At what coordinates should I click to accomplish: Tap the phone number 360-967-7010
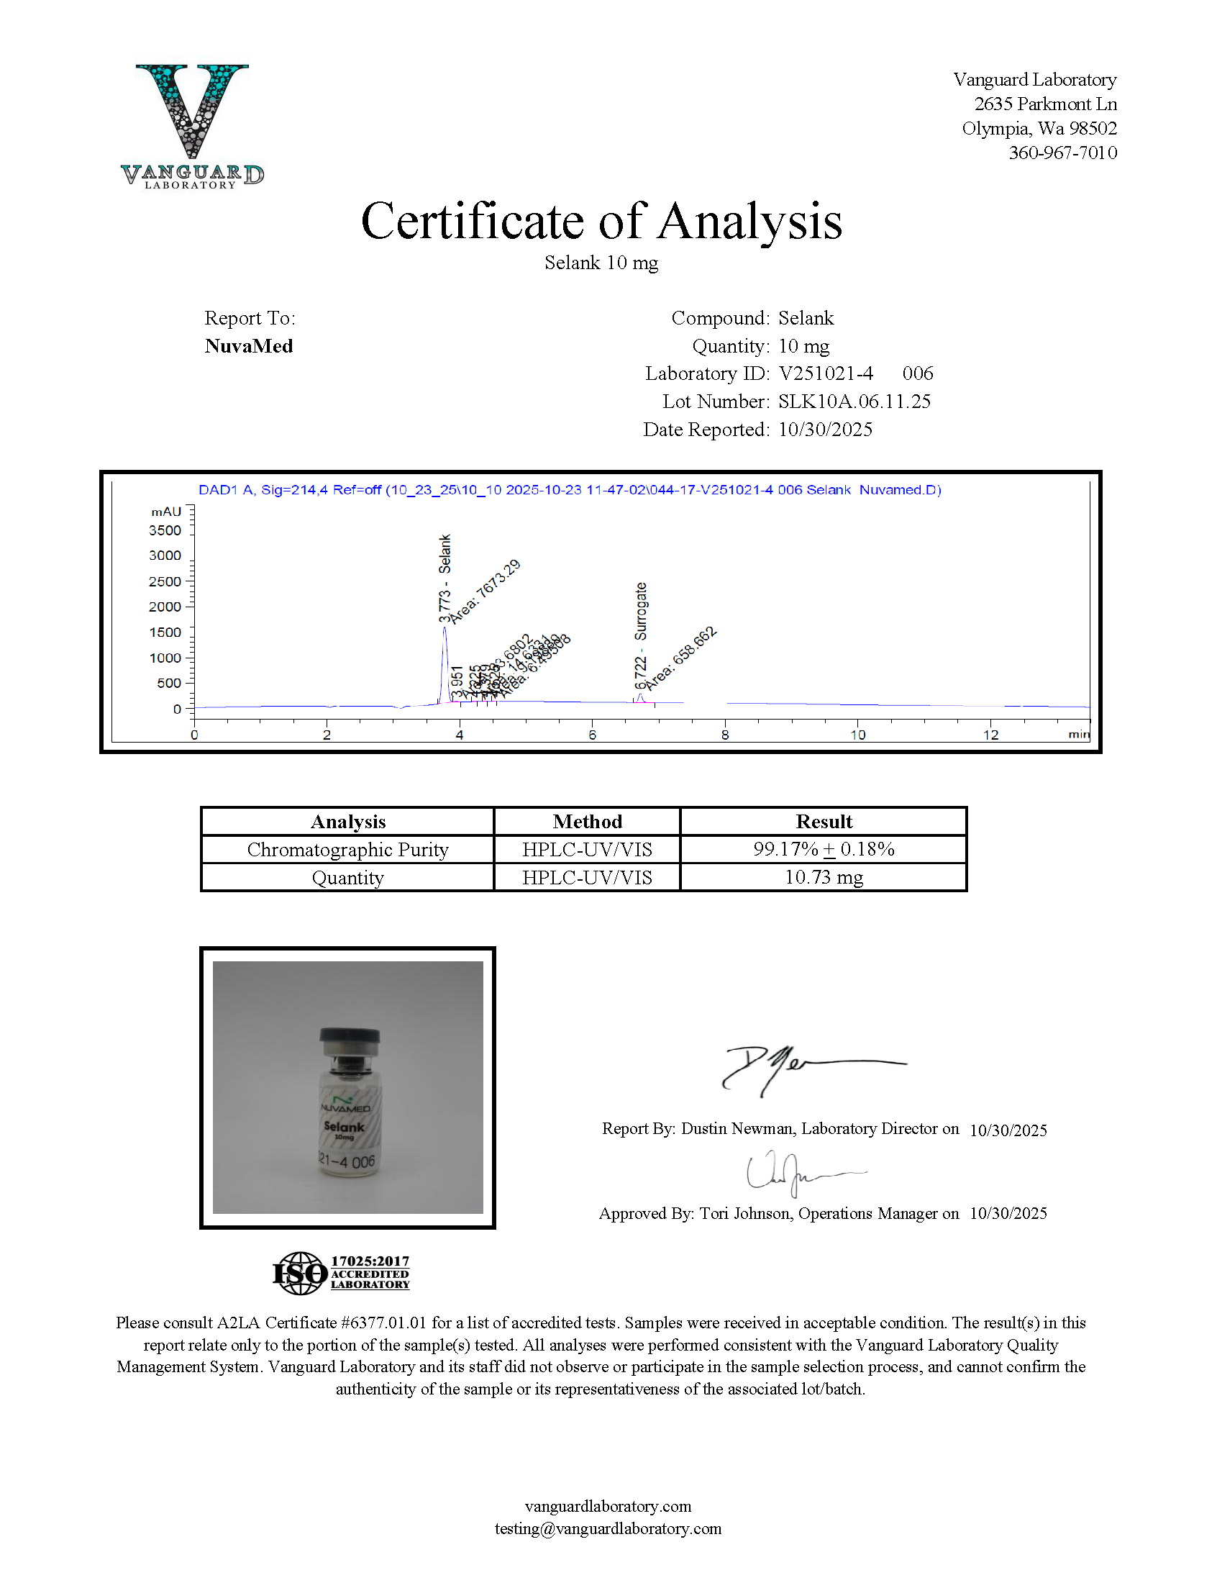1062,153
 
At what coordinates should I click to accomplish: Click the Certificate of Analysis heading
601,221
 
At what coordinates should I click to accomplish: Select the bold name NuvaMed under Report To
248,346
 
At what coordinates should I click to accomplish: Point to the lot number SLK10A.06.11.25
854,402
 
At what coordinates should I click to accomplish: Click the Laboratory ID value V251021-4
826,374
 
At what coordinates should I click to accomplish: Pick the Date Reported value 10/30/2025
825,430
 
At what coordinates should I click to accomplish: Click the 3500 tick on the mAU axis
165,530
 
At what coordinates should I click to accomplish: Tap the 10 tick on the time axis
857,735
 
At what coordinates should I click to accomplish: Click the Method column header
587,822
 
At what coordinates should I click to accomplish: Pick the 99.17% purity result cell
824,849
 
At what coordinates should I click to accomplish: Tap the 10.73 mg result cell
824,877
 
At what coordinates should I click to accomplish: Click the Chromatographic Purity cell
347,849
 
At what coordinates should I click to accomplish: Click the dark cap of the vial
349,1035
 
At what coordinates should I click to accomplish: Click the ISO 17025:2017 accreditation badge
341,1273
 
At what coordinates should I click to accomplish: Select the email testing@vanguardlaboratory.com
608,1528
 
